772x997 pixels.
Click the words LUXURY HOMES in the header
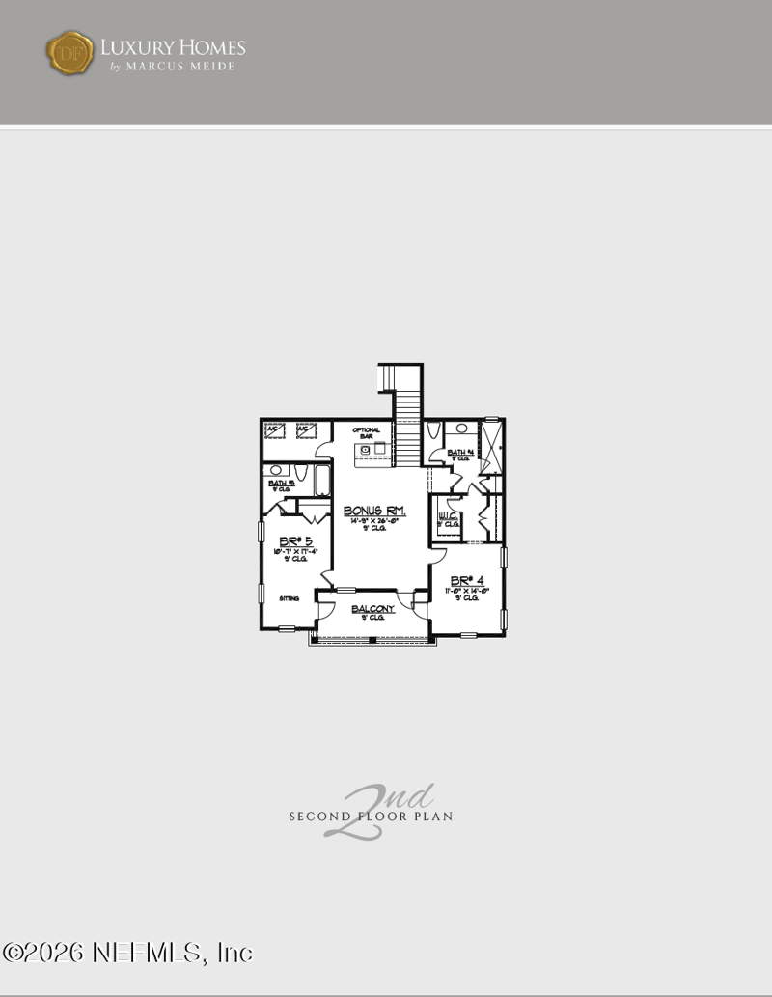pos(173,46)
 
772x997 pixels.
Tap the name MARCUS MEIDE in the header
pos(179,67)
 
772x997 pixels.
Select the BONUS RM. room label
pos(374,511)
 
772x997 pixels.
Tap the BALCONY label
pos(372,609)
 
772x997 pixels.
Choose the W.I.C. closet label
pos(447,517)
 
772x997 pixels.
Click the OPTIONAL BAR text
pos(367,433)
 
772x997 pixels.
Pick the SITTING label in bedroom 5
pos(289,598)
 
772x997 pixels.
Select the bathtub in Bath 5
pos(321,480)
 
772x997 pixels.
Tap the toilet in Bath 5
pos(299,472)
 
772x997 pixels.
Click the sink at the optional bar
pos(379,448)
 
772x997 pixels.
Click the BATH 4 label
pos(458,453)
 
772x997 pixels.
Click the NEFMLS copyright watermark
pos(127,953)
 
